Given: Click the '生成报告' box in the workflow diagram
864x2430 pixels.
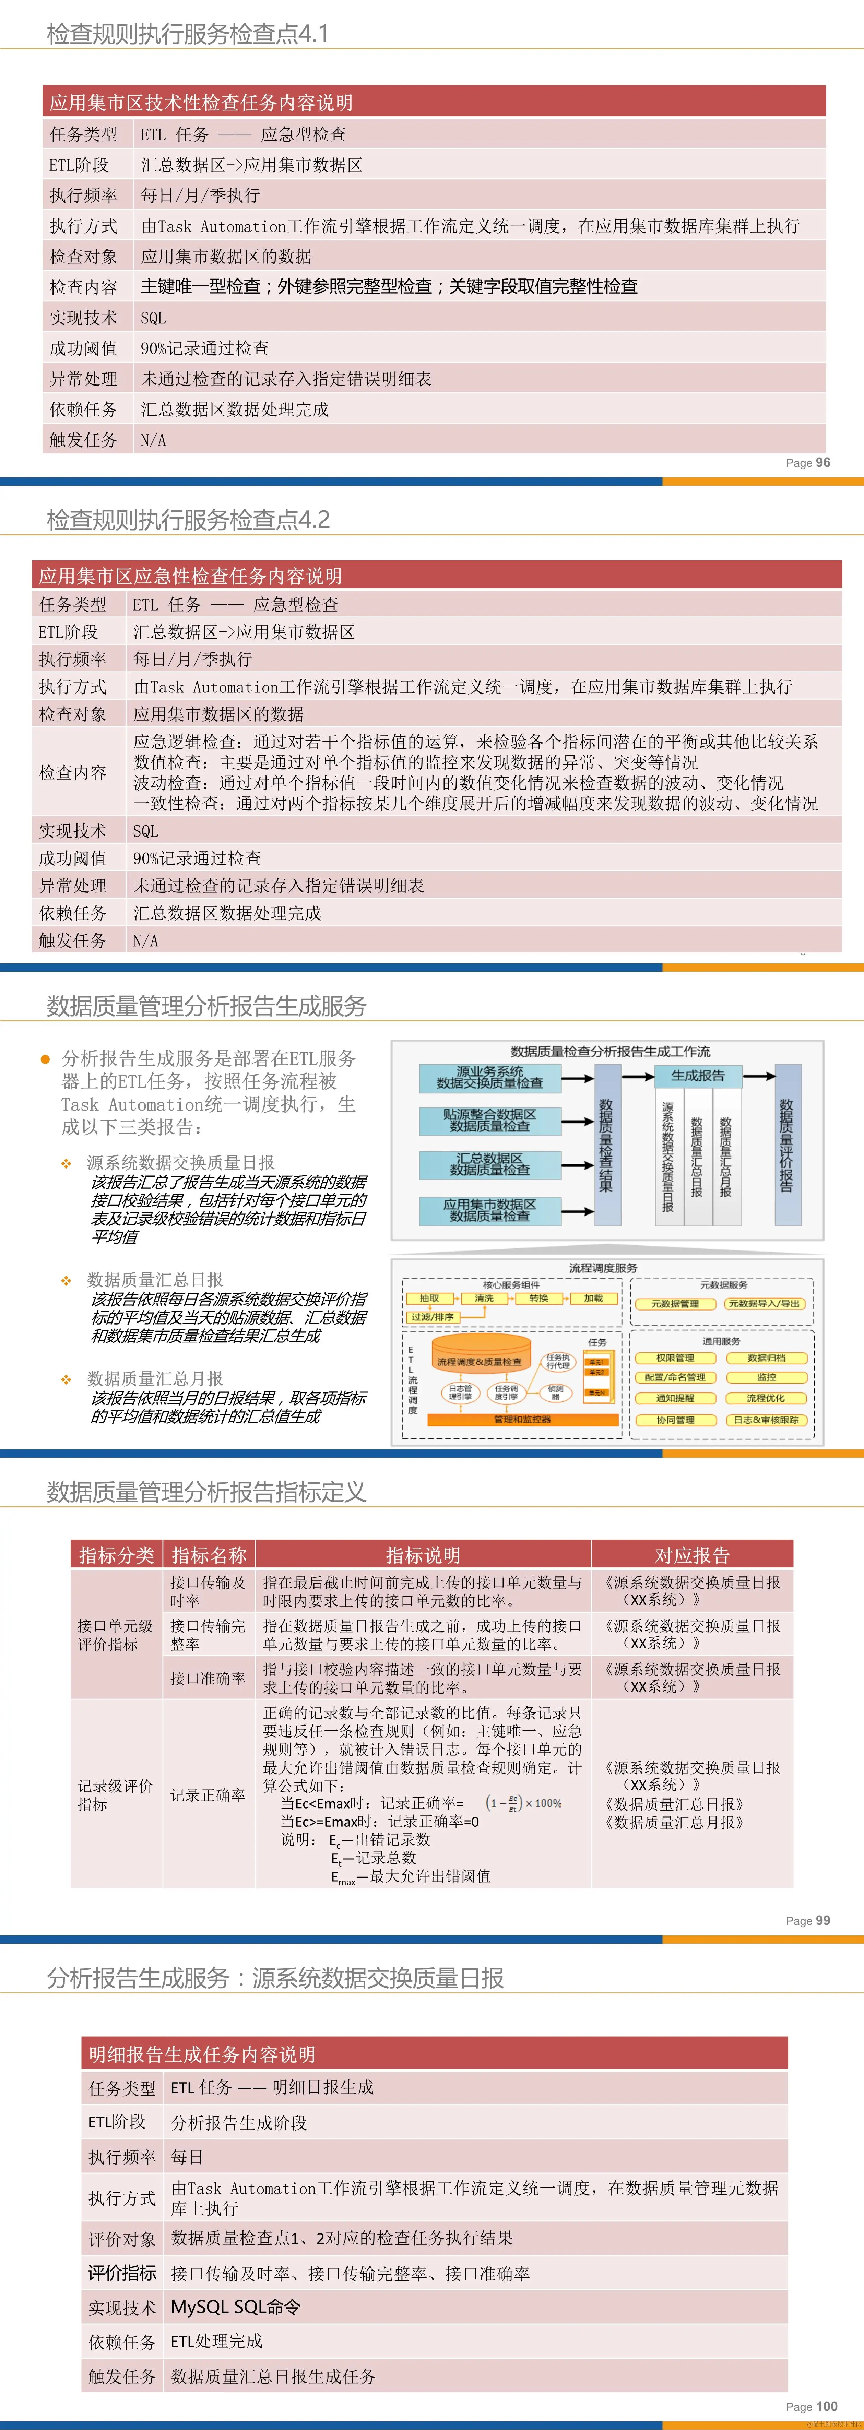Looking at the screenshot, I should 698,1075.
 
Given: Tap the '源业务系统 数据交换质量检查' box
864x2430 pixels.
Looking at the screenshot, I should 489,1077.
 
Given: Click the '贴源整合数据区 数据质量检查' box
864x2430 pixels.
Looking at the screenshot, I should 489,1121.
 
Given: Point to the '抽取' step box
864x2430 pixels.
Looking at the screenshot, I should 429,1299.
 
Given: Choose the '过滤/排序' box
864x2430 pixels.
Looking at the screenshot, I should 432,1317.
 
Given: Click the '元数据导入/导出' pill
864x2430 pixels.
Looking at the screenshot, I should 764,1304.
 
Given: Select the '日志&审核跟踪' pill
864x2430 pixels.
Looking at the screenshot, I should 766,1420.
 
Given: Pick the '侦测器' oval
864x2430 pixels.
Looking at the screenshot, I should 556,1391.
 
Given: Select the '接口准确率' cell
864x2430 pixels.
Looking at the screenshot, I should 208,1678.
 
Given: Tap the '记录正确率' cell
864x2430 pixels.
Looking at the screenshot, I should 208,1795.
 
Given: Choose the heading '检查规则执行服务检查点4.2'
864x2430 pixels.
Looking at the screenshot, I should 189,520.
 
